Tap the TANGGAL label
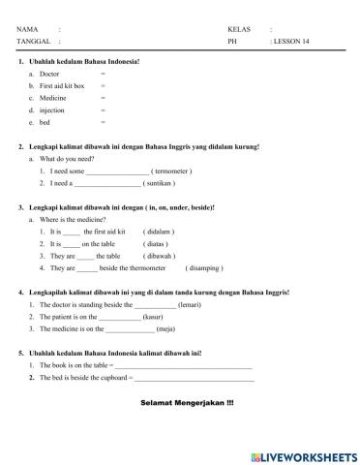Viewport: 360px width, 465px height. click(x=32, y=43)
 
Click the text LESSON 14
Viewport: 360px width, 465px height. click(x=291, y=43)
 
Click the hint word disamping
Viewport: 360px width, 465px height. click(x=202, y=267)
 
